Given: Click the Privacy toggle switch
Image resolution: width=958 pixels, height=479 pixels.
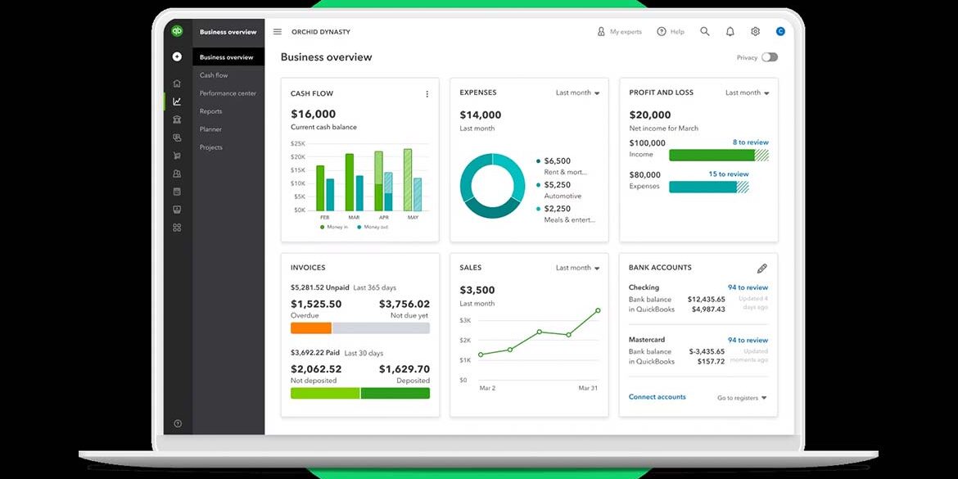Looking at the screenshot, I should click(769, 57).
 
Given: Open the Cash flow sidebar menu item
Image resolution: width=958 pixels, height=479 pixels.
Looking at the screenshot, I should click(214, 75).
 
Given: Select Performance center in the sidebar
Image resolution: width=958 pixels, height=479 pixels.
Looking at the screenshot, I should click(228, 93).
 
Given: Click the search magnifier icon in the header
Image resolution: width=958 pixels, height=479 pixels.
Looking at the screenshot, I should click(705, 32).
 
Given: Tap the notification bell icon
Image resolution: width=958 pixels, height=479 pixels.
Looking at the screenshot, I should click(730, 32).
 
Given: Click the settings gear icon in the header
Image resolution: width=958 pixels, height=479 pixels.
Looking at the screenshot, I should click(755, 32).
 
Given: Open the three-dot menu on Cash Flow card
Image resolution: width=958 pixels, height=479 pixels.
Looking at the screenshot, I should click(427, 94).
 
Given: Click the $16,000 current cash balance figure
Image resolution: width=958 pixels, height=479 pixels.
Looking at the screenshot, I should click(314, 114).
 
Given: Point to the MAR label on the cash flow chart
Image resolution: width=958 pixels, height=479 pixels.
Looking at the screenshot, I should click(354, 217).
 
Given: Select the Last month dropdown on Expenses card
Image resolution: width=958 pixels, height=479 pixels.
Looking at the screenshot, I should click(577, 93).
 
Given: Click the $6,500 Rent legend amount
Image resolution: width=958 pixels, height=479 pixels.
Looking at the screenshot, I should click(558, 161).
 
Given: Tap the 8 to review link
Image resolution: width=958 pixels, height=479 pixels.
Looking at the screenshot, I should click(750, 142).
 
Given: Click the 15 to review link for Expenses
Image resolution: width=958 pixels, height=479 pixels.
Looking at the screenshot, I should click(728, 174).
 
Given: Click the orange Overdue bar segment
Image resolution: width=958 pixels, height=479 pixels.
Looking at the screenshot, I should click(311, 328).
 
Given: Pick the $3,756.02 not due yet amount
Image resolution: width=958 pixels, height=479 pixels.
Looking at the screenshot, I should click(404, 304).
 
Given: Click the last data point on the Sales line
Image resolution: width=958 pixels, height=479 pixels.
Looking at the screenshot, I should click(598, 310).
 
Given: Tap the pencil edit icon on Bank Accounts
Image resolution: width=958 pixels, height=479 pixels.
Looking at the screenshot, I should click(761, 269).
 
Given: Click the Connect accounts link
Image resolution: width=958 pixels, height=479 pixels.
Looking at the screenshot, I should click(657, 397).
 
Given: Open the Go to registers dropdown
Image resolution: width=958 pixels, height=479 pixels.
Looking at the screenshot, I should click(742, 398).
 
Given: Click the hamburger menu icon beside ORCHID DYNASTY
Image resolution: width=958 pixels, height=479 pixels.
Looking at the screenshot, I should click(278, 32).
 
